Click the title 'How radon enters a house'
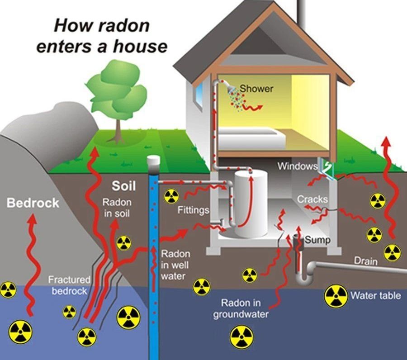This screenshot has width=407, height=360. pos(101,35)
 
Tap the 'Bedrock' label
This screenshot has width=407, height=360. pos(33,203)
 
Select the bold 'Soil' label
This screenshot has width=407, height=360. pos(124,186)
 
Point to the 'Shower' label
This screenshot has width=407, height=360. pos(256,89)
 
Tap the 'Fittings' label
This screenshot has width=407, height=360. pos(193,210)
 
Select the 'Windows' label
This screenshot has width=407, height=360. pos(297,166)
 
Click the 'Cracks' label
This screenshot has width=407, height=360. pos(312,199)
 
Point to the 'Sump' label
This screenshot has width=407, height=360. pos(317,240)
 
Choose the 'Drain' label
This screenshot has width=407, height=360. pos(366,261)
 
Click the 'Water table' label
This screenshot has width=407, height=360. pos(375,296)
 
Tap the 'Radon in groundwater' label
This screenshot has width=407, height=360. pos(241,308)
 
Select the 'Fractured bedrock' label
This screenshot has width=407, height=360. pos(69,285)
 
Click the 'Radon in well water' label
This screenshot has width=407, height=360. pos(175,265)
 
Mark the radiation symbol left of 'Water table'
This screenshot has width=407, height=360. pos(336,296)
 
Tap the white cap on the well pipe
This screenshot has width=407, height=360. pos(154,161)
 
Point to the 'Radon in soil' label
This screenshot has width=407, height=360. pos(117,208)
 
